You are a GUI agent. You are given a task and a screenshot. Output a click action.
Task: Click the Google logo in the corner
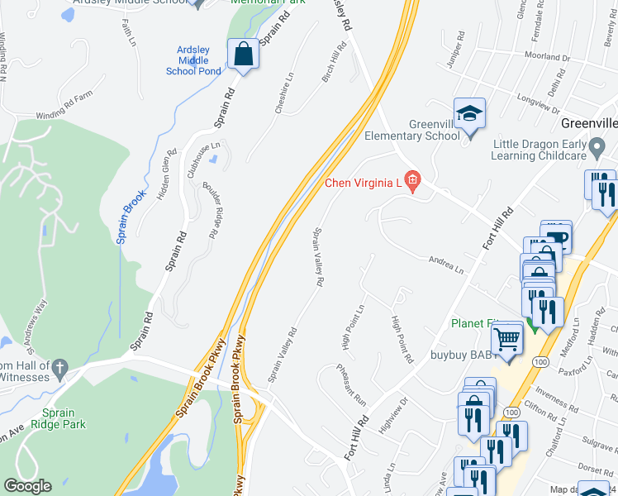(27, 486)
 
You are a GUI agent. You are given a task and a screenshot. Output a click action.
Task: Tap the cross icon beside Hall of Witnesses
(59, 367)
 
